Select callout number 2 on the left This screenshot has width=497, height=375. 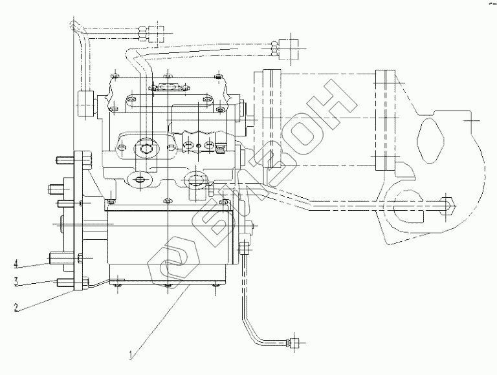[16, 307]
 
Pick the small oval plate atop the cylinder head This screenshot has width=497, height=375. [166, 87]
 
